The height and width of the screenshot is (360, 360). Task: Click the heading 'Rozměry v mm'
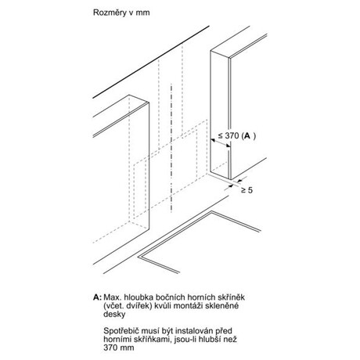click(121, 13)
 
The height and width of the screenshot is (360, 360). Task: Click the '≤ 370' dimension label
click(229, 135)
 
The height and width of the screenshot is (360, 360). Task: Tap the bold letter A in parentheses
click(247, 135)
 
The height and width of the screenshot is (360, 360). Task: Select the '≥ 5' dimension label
click(247, 190)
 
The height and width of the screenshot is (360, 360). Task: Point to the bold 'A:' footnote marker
click(97, 297)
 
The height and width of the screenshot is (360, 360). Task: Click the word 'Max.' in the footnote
click(113, 297)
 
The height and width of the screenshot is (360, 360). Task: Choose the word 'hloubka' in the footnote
click(139, 297)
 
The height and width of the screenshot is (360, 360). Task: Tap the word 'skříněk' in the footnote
click(230, 297)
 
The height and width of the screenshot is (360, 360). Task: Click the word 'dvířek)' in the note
click(139, 306)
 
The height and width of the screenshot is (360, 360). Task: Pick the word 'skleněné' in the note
click(221, 306)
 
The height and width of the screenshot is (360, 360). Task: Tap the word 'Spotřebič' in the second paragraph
click(121, 331)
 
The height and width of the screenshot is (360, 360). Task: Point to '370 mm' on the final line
click(119, 347)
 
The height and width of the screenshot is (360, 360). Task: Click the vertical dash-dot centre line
click(171, 148)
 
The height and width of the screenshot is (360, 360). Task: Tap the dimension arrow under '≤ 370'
click(221, 143)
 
